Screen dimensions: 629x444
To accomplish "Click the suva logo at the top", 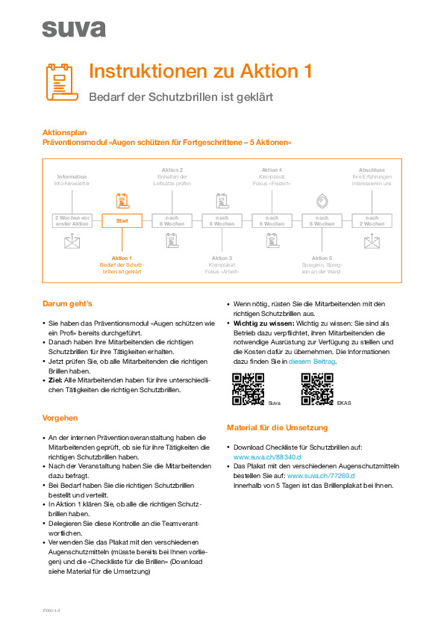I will [73, 28].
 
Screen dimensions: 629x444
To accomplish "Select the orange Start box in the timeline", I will [122, 220].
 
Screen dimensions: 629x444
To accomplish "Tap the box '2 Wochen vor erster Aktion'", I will [72, 220].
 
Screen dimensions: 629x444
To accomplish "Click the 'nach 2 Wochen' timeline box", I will [372, 220].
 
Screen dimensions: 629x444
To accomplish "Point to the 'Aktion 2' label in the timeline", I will [172, 170].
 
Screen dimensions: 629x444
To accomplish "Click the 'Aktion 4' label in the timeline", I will [272, 170].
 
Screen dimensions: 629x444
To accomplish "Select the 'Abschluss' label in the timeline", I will [372, 170].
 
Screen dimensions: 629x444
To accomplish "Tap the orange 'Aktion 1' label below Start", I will [122, 258].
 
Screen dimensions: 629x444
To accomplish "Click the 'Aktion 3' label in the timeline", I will [222, 258].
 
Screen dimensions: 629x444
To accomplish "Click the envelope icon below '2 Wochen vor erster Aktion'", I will [72, 241].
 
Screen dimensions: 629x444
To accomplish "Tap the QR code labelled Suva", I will [248, 389].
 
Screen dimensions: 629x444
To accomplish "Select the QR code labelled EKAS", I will [316, 389].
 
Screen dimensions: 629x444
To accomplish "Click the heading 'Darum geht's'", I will [67, 304].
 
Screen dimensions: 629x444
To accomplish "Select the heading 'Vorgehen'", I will [60, 418].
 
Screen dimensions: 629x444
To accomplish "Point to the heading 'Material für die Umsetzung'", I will [277, 427].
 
